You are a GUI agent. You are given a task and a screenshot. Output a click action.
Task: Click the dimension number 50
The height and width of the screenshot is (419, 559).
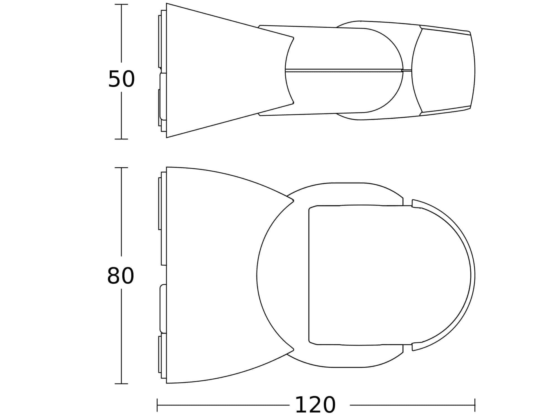(121, 79)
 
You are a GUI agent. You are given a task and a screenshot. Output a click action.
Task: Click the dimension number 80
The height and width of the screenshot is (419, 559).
(121, 276)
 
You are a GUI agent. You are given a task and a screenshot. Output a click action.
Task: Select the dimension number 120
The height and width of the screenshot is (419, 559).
(315, 405)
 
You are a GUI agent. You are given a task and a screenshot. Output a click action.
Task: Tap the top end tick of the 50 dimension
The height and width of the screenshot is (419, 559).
(121, 4)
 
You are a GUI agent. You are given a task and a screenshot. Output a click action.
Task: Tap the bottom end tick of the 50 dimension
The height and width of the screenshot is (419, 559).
(121, 139)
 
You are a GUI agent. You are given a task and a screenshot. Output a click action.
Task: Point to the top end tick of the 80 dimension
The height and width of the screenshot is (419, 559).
(121, 168)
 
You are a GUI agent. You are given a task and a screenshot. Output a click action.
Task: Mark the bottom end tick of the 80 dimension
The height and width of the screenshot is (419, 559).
(121, 384)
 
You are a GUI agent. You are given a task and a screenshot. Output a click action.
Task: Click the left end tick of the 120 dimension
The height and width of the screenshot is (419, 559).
(157, 405)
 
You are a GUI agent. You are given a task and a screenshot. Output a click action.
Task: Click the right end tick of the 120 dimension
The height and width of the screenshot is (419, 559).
(475, 405)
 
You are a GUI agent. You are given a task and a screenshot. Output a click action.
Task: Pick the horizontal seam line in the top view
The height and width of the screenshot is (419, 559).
(349, 70)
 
